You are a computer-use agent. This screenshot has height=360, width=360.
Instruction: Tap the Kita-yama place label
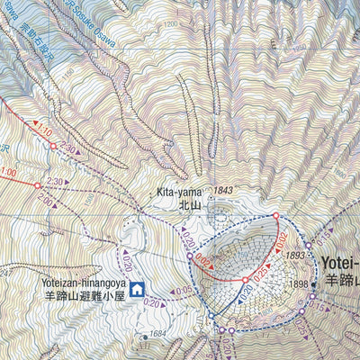(x=176, y=191)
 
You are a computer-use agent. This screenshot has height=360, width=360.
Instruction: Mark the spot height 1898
(x=298, y=285)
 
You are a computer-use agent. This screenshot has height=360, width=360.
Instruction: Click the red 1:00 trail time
(x=8, y=172)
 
